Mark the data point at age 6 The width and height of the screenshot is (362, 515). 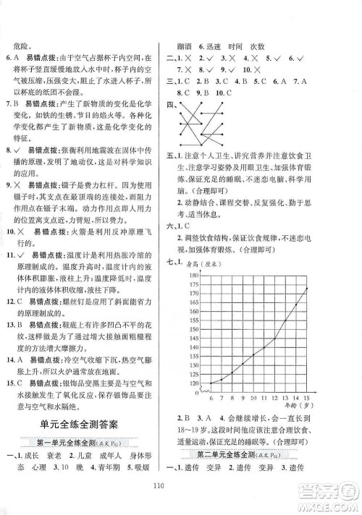[211, 383]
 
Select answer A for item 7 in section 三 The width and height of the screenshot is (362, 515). [304, 82]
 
